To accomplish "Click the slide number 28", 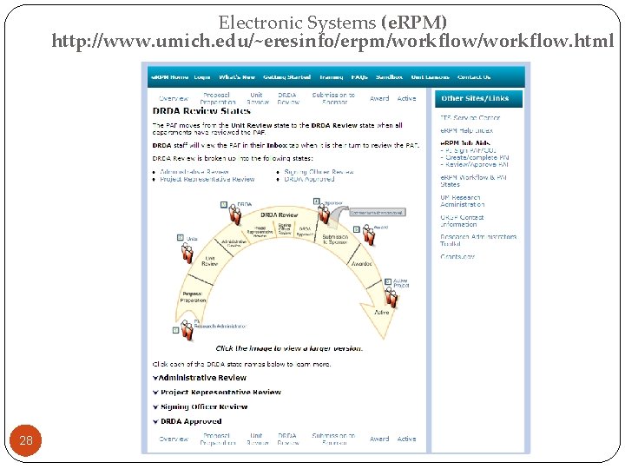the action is [x=26, y=440].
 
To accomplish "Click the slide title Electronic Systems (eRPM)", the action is [x=332, y=22].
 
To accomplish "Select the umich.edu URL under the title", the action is [x=332, y=41].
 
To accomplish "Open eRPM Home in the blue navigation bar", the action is [x=170, y=76].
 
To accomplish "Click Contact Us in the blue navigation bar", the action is [x=474, y=76].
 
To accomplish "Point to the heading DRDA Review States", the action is [x=201, y=110].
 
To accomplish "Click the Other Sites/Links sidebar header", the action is [x=477, y=99].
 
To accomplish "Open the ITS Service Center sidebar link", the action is [x=470, y=117].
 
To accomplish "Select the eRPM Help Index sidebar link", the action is [x=466, y=131].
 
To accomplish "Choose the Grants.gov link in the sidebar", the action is [x=457, y=256].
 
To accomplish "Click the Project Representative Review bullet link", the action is [x=208, y=179].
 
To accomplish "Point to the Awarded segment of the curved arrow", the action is [x=361, y=263].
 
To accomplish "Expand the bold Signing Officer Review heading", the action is [x=203, y=406].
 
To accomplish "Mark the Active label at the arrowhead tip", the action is [x=380, y=311].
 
